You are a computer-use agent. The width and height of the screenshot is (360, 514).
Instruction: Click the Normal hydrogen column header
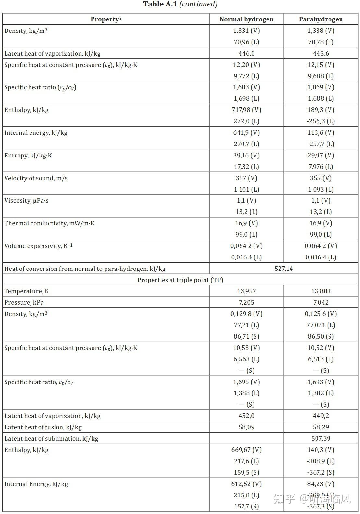(246, 19)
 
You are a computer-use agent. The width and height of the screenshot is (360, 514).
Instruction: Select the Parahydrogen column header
(321, 19)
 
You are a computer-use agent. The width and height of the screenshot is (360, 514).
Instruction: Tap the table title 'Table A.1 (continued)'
(180, 4)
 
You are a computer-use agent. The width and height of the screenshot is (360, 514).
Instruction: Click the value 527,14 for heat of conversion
(283, 269)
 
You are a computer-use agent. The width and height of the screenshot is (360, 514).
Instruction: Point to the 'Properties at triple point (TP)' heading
(180, 280)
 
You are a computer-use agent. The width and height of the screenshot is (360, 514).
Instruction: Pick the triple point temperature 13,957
(246, 291)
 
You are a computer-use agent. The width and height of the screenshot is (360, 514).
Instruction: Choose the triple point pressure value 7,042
(321, 302)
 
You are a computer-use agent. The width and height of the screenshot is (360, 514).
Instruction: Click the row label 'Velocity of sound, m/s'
(36, 178)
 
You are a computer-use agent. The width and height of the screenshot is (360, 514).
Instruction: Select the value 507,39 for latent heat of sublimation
(321, 438)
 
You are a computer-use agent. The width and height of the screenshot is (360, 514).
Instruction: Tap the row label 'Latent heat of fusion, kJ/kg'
(43, 427)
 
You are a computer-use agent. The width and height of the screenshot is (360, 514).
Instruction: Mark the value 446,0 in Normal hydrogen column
(246, 53)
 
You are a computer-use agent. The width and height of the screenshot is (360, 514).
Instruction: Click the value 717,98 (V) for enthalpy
(246, 110)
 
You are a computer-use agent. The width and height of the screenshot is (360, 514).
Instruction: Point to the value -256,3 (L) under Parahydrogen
(321, 121)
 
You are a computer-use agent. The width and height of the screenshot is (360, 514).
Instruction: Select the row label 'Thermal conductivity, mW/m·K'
(49, 223)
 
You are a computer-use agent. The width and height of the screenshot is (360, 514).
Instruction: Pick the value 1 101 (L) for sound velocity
(246, 189)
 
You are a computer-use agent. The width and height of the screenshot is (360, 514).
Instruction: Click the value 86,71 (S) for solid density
(246, 336)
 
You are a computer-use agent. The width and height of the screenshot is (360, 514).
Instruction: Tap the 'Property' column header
(106, 19)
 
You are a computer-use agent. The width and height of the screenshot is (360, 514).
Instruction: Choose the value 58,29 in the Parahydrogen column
(321, 427)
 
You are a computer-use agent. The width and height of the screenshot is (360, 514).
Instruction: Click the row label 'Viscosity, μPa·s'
(26, 200)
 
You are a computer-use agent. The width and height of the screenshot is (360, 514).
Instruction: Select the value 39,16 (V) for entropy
(246, 155)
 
